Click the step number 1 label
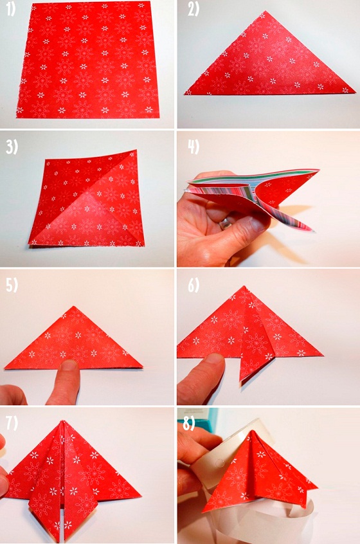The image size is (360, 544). tap(11, 10)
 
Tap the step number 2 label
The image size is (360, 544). tap(194, 10)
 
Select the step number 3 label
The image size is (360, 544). tap(12, 147)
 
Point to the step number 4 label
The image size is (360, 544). tap(194, 147)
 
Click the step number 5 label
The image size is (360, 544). tap(12, 286)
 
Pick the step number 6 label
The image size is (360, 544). tap(194, 286)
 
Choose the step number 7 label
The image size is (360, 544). tap(12, 423)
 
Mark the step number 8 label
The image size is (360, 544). tap(189, 423)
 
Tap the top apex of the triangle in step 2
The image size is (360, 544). tap(265, 12)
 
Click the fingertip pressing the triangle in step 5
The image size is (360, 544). tap(69, 367)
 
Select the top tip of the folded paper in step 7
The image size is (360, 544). tap(62, 421)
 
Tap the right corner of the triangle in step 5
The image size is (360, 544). tap(142, 366)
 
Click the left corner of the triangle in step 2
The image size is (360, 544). tap(185, 93)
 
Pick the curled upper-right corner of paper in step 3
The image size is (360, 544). tap(136, 151)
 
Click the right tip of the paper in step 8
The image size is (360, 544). tap(317, 485)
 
